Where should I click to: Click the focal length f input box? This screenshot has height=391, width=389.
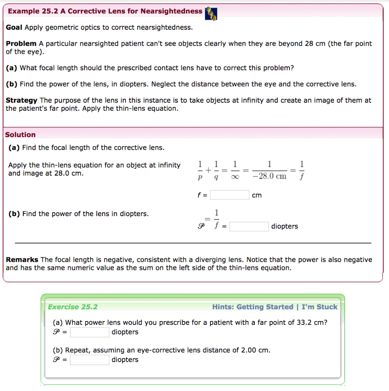tap(229, 195)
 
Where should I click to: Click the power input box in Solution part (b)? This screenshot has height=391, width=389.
tap(249, 226)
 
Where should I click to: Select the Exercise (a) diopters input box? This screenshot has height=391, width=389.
tap(90, 332)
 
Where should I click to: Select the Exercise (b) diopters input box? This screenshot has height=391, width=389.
tap(90, 360)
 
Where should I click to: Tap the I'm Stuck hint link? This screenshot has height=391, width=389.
tap(319, 307)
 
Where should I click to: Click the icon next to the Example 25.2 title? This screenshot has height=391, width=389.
tap(211, 13)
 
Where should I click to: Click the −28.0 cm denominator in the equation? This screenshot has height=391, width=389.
tap(270, 176)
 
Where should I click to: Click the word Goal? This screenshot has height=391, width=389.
tap(14, 27)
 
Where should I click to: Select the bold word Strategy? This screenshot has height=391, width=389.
tap(21, 100)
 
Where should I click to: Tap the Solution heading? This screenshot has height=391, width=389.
tap(20, 135)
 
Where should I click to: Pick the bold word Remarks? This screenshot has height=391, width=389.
tap(22, 260)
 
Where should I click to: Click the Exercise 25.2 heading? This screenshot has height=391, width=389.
tap(73, 307)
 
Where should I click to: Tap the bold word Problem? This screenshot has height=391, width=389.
tap(21, 44)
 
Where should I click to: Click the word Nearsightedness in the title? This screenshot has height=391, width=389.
tap(171, 11)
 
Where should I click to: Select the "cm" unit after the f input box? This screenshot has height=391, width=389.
tap(257, 195)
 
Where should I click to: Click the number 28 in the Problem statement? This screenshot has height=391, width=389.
tap(309, 44)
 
